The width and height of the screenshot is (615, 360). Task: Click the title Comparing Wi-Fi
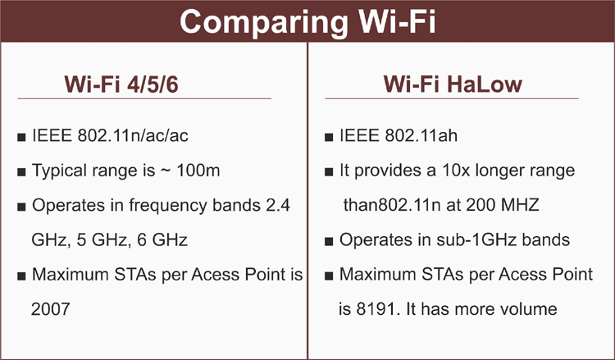(307, 21)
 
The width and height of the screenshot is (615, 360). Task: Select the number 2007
(50, 309)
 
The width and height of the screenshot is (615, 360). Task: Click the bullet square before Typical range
(20, 172)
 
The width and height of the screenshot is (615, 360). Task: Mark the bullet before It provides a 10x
(328, 172)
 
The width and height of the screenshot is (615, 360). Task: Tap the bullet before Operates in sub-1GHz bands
(328, 242)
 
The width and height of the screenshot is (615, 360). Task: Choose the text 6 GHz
(166, 241)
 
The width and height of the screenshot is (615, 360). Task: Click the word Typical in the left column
(57, 172)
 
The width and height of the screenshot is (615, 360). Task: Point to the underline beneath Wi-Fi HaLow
(452, 99)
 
